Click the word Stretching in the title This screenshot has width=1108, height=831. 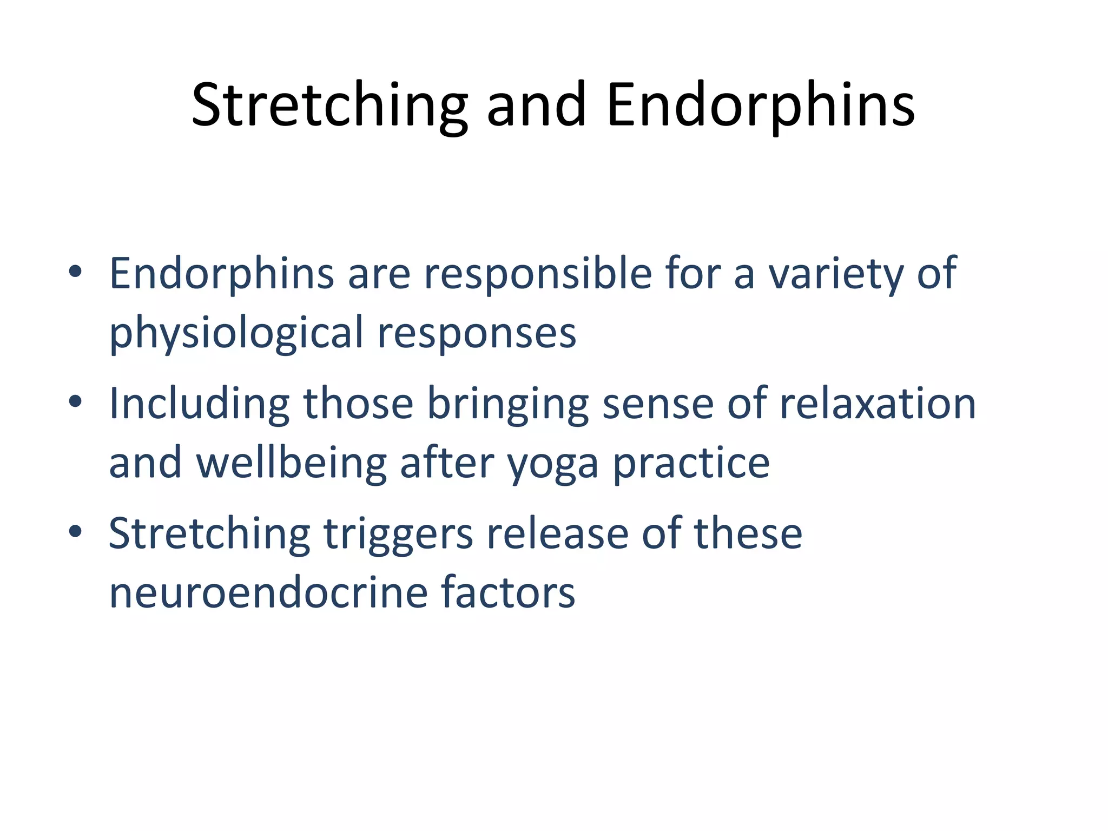click(x=329, y=105)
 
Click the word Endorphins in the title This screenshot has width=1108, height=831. click(x=760, y=105)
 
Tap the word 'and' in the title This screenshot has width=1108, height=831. click(x=536, y=105)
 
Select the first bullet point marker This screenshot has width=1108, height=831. click(x=75, y=272)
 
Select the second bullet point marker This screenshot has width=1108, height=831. click(x=75, y=402)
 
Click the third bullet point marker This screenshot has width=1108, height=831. click(x=75, y=532)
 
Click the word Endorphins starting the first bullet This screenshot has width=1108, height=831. click(x=222, y=274)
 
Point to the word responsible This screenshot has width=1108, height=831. click(x=538, y=274)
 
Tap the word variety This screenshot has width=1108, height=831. click(x=836, y=274)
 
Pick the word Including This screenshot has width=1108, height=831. click(x=200, y=404)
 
